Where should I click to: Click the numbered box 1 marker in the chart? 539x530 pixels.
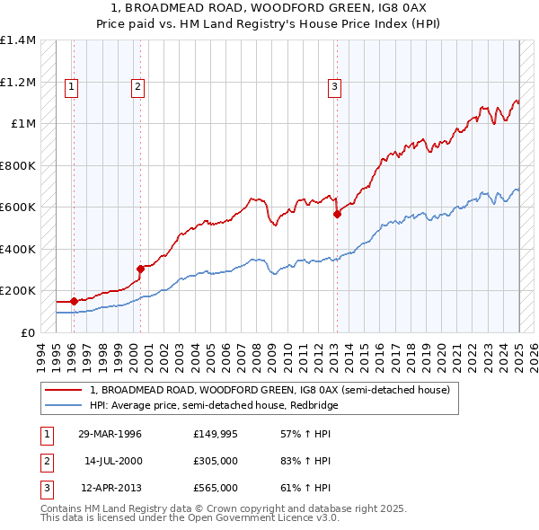71,87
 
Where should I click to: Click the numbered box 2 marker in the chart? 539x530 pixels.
137,87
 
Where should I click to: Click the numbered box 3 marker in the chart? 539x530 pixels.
334,87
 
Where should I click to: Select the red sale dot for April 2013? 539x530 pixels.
337,215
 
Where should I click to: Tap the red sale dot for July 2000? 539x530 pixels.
141,269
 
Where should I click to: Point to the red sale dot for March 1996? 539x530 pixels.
74,301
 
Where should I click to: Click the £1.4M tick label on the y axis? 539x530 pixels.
18,40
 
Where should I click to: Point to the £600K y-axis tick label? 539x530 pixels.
18,208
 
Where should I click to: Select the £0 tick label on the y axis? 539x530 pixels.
28,332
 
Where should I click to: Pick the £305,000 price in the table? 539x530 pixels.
216,461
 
